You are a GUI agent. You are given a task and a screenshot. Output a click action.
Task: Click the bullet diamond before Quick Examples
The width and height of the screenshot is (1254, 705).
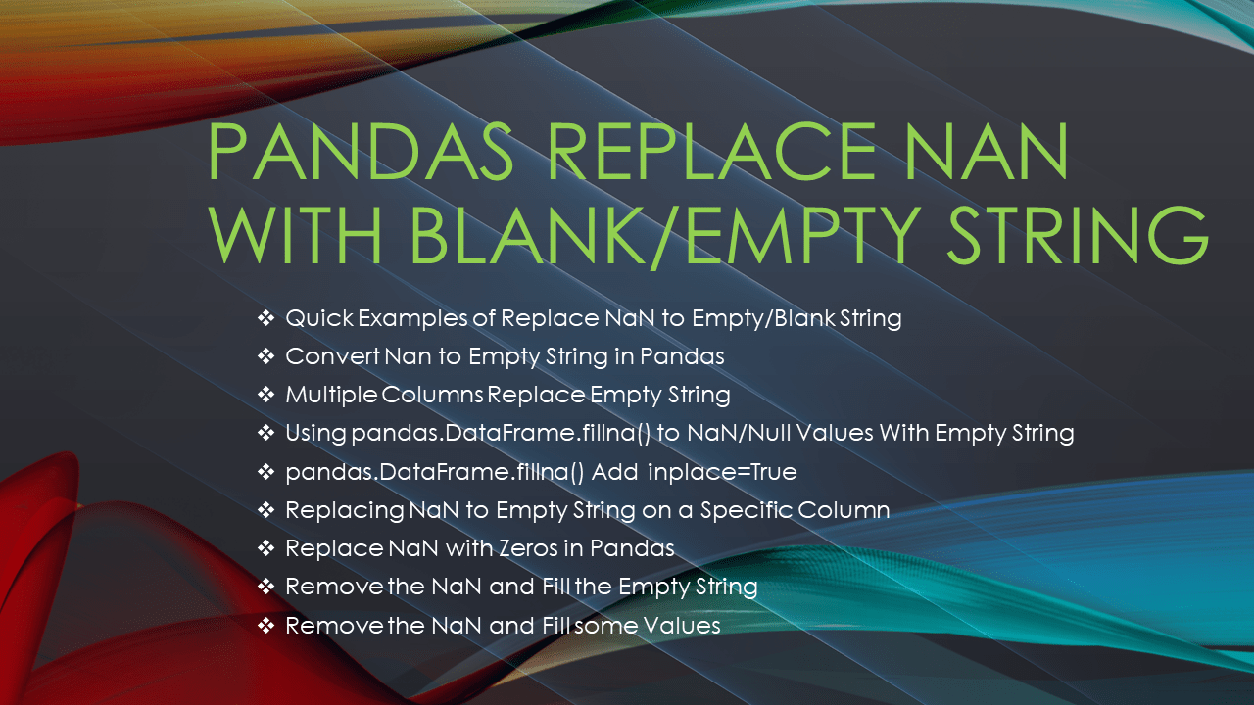[265, 318]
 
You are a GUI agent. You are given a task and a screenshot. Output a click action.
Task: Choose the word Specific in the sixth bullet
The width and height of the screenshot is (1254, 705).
[771, 510]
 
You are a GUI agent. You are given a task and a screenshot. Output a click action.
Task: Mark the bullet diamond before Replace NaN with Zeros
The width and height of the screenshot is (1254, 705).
[265, 548]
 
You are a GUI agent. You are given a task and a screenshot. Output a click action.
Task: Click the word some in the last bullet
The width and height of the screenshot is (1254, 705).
[603, 625]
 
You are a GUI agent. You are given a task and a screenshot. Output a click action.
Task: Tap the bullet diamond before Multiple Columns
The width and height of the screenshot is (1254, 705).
[265, 395]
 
